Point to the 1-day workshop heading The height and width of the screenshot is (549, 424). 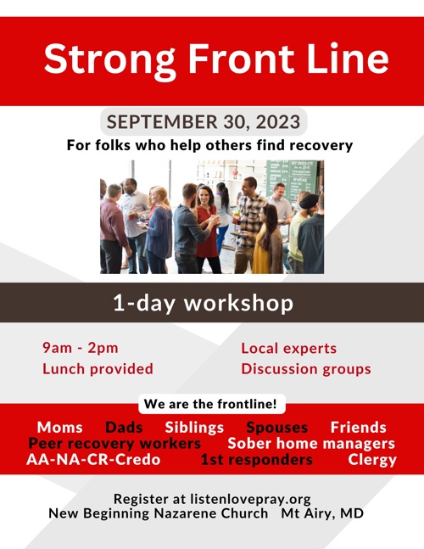(204, 304)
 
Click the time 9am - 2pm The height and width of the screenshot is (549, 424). (81, 349)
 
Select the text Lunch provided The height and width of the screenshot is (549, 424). (98, 369)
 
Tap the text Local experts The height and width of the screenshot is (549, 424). (288, 349)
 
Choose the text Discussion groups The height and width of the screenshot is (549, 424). (305, 369)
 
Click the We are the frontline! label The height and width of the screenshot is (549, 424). (211, 404)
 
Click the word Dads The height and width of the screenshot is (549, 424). (124, 428)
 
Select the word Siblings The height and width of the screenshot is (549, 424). (194, 428)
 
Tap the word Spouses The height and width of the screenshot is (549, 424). (276, 428)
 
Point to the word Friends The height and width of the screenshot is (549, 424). (358, 428)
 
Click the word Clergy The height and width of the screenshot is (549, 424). (371, 461)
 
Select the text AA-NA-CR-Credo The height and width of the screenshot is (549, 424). (93, 461)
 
